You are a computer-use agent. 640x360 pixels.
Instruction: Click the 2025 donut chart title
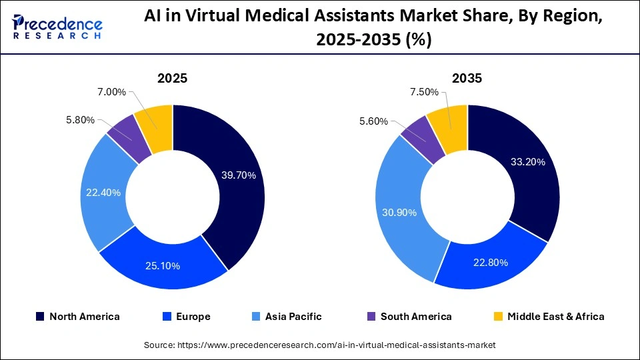click(172, 78)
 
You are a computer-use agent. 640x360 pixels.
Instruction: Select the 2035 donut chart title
click(467, 78)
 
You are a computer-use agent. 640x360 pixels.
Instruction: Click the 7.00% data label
click(111, 92)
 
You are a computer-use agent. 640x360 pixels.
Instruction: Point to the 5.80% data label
click(79, 120)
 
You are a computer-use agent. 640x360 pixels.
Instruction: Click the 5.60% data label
click(374, 121)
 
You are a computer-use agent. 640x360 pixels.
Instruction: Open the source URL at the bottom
click(320, 345)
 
